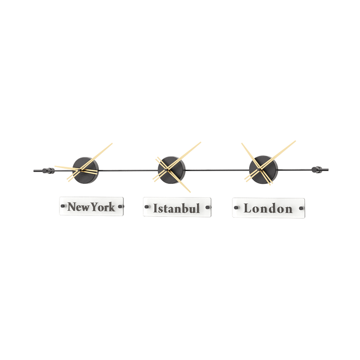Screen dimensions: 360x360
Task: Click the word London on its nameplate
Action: (267, 209)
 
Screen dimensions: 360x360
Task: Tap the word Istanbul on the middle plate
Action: (177, 209)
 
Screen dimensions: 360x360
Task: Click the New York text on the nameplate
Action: (91, 207)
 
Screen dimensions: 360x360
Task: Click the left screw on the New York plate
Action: (62, 206)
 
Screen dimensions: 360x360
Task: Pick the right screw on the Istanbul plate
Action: (206, 209)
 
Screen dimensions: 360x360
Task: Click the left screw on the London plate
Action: (235, 209)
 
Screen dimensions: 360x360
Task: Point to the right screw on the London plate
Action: (301, 209)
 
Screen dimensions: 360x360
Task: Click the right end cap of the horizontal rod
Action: (321, 168)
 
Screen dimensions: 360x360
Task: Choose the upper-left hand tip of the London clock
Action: (240, 142)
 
